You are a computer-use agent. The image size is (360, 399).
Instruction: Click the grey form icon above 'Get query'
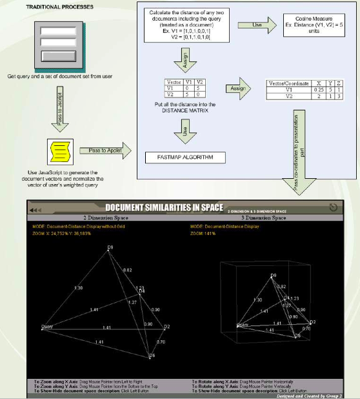click(x=58, y=44)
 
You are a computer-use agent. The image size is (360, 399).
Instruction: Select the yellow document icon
click(x=57, y=152)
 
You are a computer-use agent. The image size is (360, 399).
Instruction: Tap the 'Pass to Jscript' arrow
click(x=57, y=103)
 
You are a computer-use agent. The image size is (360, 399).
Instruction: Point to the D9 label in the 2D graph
click(x=110, y=247)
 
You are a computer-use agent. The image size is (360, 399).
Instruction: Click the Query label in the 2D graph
click(x=46, y=327)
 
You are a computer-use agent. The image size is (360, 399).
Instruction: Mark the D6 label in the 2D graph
click(x=152, y=356)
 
